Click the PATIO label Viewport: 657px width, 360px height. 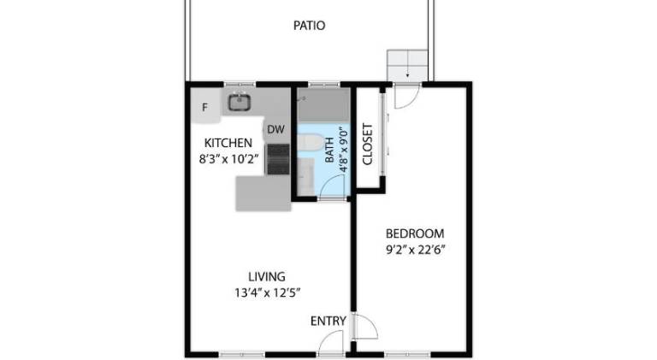tap(309, 26)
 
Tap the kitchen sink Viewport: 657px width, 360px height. tap(240, 102)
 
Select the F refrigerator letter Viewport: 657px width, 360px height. tap(205, 108)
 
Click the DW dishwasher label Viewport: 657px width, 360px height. tap(275, 130)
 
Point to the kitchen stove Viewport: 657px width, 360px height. tap(278, 159)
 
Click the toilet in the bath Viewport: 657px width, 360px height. tap(310, 141)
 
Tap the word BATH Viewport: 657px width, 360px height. tap(330, 150)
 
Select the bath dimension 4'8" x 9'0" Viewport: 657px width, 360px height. tap(344, 150)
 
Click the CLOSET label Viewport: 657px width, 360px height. tap(367, 144)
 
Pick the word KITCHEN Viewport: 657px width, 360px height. tap(228, 143)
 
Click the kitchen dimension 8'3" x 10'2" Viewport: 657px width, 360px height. tap(228, 159)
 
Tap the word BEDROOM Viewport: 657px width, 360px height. tap(415, 233)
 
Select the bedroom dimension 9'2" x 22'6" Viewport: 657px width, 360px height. tap(415, 250)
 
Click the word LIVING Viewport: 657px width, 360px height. tap(267, 277)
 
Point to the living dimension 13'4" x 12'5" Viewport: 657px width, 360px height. tap(267, 292)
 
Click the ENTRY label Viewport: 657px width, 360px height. tap(328, 321)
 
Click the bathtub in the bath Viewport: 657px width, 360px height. tap(323, 105)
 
